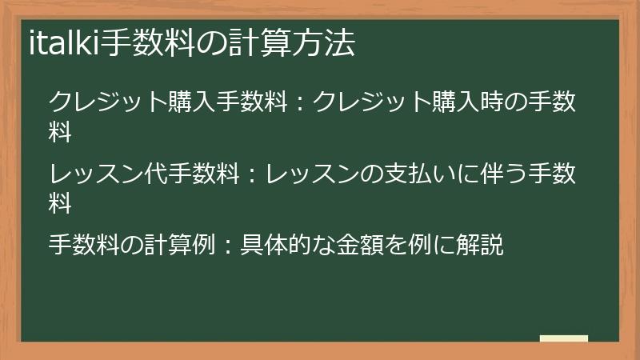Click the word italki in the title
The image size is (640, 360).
[62, 43]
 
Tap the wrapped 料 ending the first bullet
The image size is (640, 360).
[61, 134]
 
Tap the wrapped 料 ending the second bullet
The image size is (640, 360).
[61, 203]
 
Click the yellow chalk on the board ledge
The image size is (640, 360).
[564, 338]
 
